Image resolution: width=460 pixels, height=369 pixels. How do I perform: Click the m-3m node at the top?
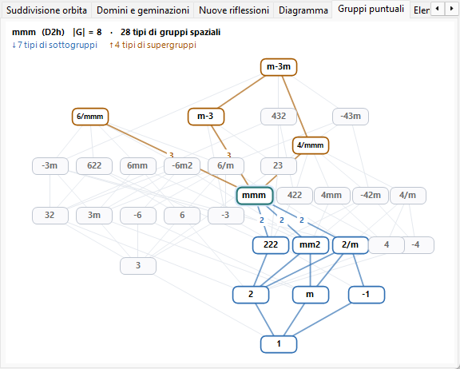pyautogui.click(x=279, y=67)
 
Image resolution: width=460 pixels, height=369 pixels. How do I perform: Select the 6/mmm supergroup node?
pyautogui.click(x=90, y=117)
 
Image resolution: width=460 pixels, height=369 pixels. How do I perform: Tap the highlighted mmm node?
pyautogui.click(x=255, y=196)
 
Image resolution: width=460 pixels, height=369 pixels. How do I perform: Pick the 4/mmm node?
pyautogui.click(x=311, y=145)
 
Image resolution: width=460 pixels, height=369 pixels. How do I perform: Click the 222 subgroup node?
pyautogui.click(x=271, y=245)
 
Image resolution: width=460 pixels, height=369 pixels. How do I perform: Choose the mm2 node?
pyautogui.click(x=310, y=245)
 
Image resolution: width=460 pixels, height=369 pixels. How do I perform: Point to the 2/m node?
pyautogui.click(x=351, y=245)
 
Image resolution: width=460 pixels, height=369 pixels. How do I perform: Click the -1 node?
pyautogui.click(x=367, y=295)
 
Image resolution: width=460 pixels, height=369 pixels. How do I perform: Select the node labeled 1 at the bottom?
pyautogui.click(x=279, y=344)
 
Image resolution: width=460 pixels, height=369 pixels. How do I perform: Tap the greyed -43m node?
pyautogui.click(x=351, y=117)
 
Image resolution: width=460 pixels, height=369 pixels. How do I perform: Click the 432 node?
pyautogui.click(x=279, y=117)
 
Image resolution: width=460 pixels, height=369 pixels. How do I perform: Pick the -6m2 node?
pyautogui.click(x=182, y=166)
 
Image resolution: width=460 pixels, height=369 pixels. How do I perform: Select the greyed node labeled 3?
pyautogui.click(x=138, y=266)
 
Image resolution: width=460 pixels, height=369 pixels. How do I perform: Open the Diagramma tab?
pyautogui.click(x=303, y=10)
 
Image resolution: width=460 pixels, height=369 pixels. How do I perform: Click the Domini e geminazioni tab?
pyautogui.click(x=143, y=10)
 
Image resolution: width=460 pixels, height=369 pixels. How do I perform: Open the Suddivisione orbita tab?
pyautogui.click(x=46, y=10)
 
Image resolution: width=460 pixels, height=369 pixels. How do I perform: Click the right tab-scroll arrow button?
pyautogui.click(x=451, y=9)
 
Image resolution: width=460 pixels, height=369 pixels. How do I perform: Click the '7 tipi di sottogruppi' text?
pyautogui.click(x=54, y=45)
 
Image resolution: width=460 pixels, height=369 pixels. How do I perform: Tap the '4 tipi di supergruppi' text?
pyautogui.click(x=153, y=45)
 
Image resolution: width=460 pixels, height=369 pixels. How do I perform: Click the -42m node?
pyautogui.click(x=371, y=196)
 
